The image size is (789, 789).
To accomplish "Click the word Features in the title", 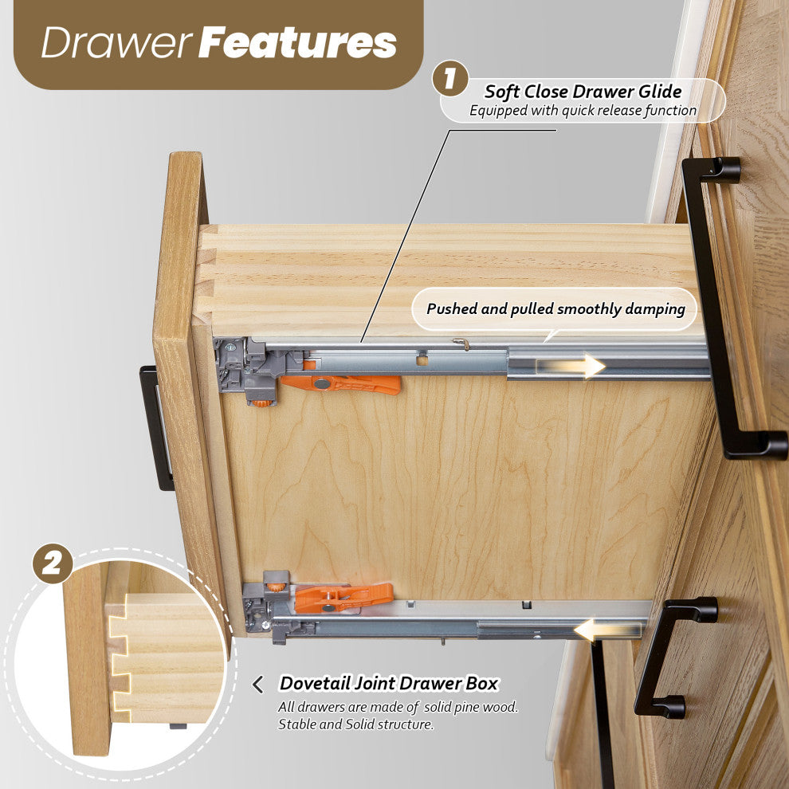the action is (298, 42).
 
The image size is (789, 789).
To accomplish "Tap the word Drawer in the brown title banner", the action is (116, 42).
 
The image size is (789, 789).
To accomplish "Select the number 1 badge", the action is (450, 78).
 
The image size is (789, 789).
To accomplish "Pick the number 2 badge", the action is (53, 563).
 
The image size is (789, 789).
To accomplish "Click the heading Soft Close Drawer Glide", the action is (583, 92).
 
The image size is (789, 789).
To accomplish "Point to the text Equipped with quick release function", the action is (583, 110).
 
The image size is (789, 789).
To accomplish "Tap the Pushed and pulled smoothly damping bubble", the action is (555, 309).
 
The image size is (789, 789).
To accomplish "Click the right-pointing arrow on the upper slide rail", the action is (571, 366).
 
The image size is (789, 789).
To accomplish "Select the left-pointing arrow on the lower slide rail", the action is (608, 630).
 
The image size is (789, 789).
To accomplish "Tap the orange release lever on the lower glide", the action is (343, 597).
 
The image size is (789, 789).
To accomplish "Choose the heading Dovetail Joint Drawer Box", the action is (388, 683).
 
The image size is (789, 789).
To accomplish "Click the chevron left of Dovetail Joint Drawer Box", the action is (257, 685).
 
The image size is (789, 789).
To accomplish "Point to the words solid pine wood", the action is (470, 707).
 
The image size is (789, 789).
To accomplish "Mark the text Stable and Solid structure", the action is (355, 724).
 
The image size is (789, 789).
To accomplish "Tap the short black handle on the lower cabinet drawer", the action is (673, 657).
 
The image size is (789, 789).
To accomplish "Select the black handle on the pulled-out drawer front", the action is (156, 428).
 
